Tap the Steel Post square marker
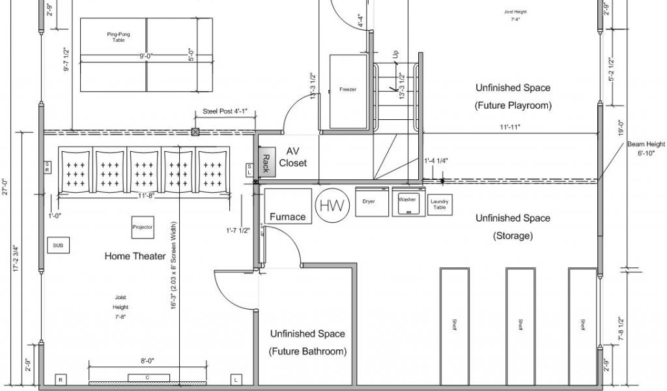tap(195, 132)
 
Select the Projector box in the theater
tap(142, 227)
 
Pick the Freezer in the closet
tap(348, 90)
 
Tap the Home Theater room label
tap(135, 257)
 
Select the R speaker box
tap(60, 379)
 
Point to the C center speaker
tap(149, 378)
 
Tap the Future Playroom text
tap(513, 106)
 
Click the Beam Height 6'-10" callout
tap(646, 149)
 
